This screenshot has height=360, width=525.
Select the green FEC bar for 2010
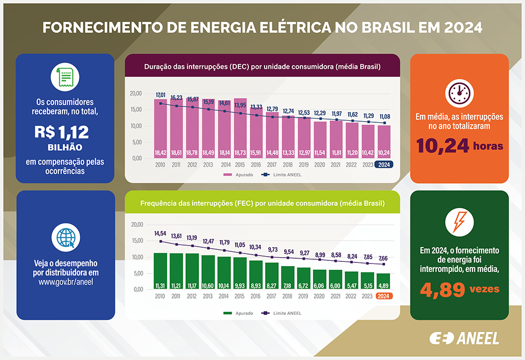coord(160,270)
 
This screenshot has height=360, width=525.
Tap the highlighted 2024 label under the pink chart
coord(383,164)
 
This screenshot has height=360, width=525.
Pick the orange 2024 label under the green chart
coord(383,295)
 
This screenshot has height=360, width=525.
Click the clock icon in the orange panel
coord(459,93)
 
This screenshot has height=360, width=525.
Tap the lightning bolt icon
coord(459,224)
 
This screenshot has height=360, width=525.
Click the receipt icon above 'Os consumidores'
coord(66,78)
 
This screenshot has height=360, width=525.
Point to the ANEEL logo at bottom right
coord(464,338)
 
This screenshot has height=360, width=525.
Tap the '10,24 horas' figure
coord(459,145)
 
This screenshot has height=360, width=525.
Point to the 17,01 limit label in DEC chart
coord(161,95)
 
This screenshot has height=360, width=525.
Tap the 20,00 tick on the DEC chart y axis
coord(135,93)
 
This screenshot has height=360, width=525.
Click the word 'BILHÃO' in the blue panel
coord(66,147)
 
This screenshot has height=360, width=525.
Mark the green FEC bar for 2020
coord(320,279)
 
